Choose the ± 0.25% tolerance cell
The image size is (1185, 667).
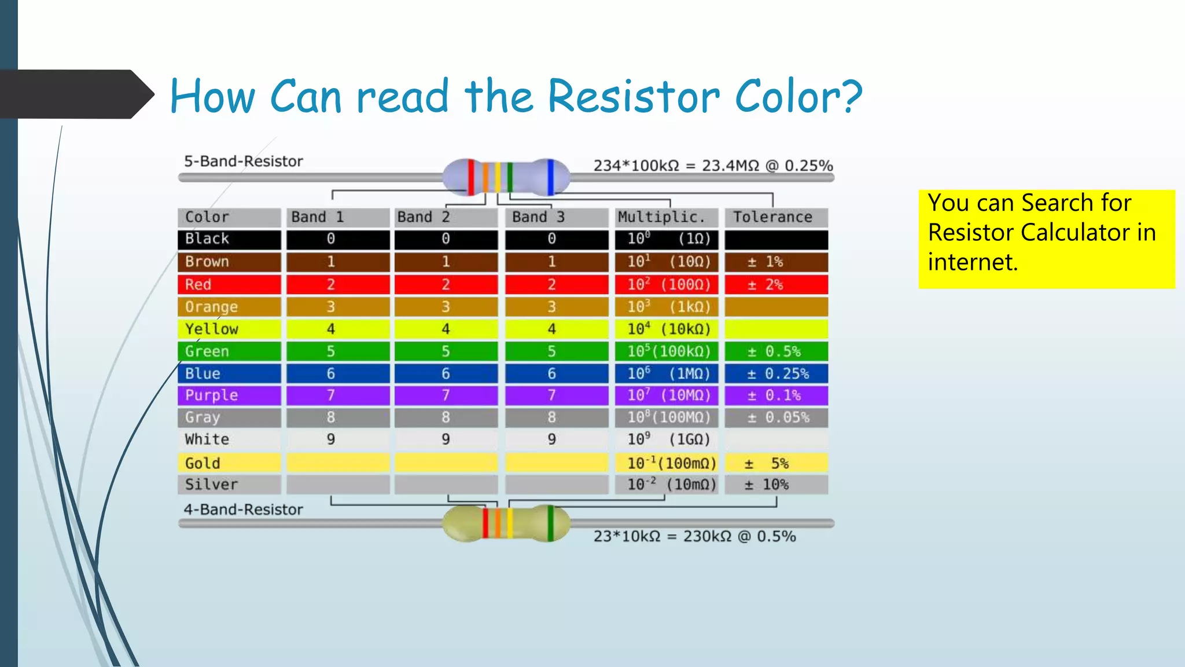(x=776, y=373)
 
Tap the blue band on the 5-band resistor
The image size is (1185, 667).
(x=550, y=177)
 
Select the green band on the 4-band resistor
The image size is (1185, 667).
(x=550, y=523)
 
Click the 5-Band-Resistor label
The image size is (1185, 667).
(x=243, y=162)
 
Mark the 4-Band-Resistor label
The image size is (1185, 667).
(x=243, y=510)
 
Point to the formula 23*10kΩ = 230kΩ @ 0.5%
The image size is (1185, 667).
(x=694, y=536)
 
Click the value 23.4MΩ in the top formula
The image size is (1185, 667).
(x=730, y=166)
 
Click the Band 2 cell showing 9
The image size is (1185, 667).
(x=446, y=439)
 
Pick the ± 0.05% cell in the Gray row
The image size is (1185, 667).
(x=776, y=417)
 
